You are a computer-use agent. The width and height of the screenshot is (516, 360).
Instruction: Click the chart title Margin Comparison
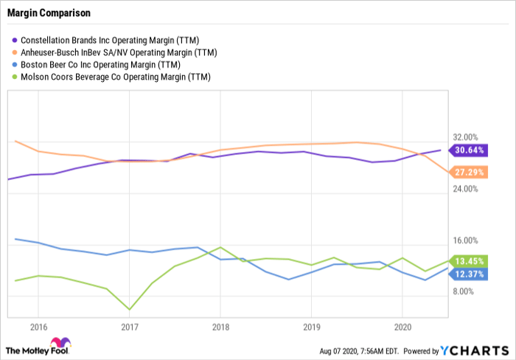pyautogui.click(x=49, y=13)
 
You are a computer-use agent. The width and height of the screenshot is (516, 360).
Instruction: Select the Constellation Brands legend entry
pyautogui.click(x=105, y=40)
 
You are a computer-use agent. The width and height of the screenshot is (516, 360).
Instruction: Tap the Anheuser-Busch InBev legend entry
pyautogui.click(x=114, y=52)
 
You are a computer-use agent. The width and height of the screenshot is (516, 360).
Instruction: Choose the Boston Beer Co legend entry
pyautogui.click(x=96, y=65)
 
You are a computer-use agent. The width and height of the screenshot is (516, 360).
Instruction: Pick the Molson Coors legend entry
pyautogui.click(x=111, y=77)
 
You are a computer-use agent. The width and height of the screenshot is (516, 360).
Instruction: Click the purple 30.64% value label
pyautogui.click(x=468, y=150)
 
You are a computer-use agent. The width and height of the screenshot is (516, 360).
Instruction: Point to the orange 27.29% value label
pyautogui.click(x=468, y=172)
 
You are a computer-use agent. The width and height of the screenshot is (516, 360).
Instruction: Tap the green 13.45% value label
pyautogui.click(x=468, y=261)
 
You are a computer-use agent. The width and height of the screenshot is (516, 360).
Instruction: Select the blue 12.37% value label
pyautogui.click(x=468, y=274)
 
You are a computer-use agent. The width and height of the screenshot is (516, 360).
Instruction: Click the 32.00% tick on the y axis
pyautogui.click(x=465, y=137)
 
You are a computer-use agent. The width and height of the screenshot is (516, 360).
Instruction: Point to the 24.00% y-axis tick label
pyautogui.click(x=465, y=189)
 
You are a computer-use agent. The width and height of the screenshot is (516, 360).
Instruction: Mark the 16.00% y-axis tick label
pyautogui.click(x=465, y=240)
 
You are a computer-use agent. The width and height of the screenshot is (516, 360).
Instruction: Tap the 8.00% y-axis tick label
pyautogui.click(x=464, y=291)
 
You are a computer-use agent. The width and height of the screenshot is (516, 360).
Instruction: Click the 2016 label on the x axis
pyautogui.click(x=38, y=327)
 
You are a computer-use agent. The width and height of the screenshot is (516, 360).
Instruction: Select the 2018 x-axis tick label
pyautogui.click(x=220, y=327)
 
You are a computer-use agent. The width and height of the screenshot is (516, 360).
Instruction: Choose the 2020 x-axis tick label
pyautogui.click(x=402, y=327)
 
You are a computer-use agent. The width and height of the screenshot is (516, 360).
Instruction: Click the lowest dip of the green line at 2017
pyautogui.click(x=129, y=310)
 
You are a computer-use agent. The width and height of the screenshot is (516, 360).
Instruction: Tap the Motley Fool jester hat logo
pyautogui.click(x=60, y=342)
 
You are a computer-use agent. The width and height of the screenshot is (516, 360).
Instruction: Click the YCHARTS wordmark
pyautogui.click(x=475, y=350)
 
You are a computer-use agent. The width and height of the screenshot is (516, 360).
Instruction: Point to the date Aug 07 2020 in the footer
pyautogui.click(x=338, y=351)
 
